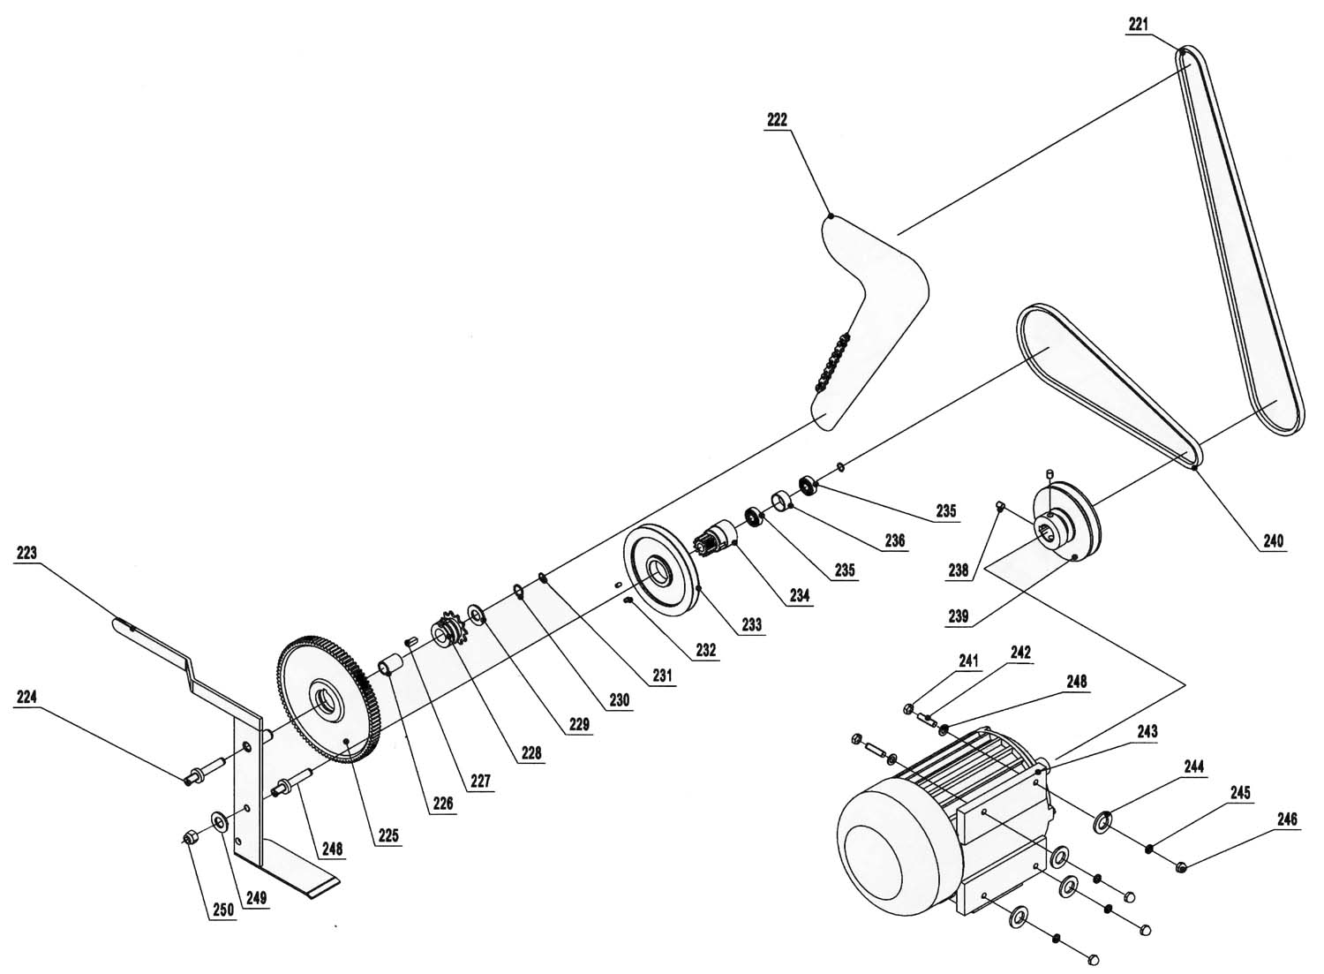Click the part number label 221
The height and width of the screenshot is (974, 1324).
pos(1139,25)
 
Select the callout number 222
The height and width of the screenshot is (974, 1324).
pos(778,120)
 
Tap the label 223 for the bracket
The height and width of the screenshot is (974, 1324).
pos(26,553)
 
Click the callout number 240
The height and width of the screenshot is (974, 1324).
pos(1274,540)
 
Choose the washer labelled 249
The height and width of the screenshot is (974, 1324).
pos(219,822)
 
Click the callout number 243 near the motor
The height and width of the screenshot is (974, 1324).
pos(1147,731)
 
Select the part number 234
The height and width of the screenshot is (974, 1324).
pos(800,595)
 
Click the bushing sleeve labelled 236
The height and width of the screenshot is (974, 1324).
pos(781,502)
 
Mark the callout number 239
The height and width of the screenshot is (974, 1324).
pos(958,616)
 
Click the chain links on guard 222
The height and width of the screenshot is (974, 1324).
pos(833,363)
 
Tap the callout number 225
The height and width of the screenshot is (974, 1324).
pos(388,835)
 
